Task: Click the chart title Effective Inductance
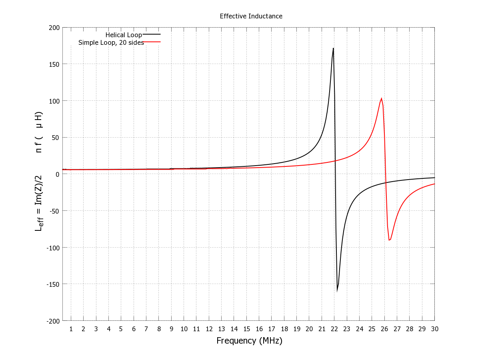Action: [x=251, y=16]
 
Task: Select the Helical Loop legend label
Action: [x=124, y=35]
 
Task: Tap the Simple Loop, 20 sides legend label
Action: [x=111, y=42]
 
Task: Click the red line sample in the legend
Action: [x=152, y=42]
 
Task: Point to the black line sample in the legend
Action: [x=152, y=35]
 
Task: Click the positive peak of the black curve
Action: [x=333, y=49]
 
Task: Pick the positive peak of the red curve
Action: [x=381, y=98]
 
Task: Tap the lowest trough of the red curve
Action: [x=390, y=240]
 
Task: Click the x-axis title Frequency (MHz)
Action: [x=249, y=341]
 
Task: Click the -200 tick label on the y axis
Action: [x=54, y=321]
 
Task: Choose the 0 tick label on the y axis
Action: [x=58, y=174]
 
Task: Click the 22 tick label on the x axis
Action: [x=334, y=329]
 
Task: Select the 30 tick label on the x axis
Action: [x=434, y=329]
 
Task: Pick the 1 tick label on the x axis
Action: [x=71, y=329]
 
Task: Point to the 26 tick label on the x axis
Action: [x=384, y=329]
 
